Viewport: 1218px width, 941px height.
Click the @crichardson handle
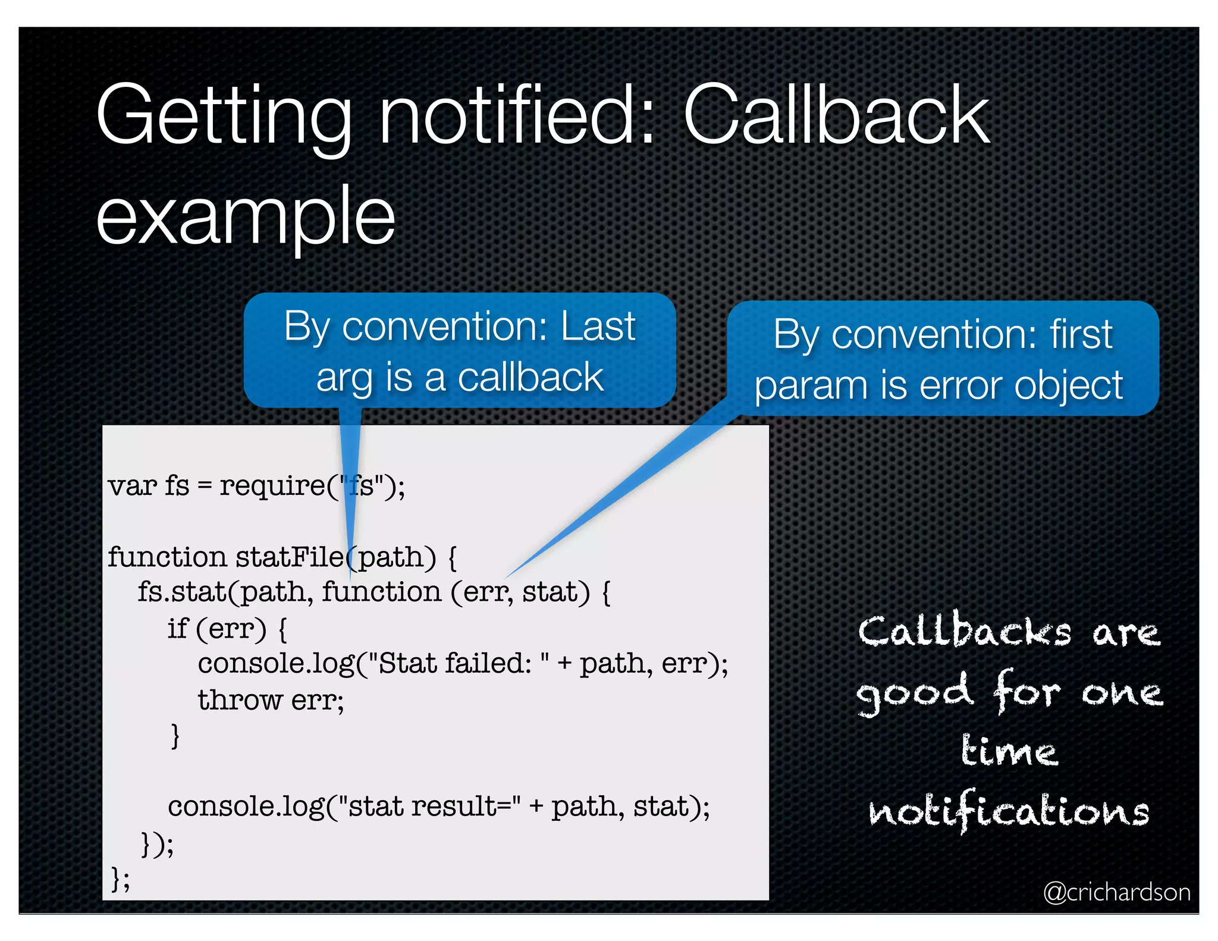(x=1116, y=892)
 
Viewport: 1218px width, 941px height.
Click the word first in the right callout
(x=1081, y=334)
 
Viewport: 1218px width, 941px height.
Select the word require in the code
(x=272, y=485)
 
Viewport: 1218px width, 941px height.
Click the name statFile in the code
(x=290, y=557)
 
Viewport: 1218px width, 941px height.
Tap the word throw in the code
(x=240, y=700)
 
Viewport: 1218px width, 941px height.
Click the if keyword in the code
(x=177, y=628)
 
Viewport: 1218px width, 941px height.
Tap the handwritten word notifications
(x=1009, y=811)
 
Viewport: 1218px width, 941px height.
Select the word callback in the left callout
(x=530, y=378)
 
